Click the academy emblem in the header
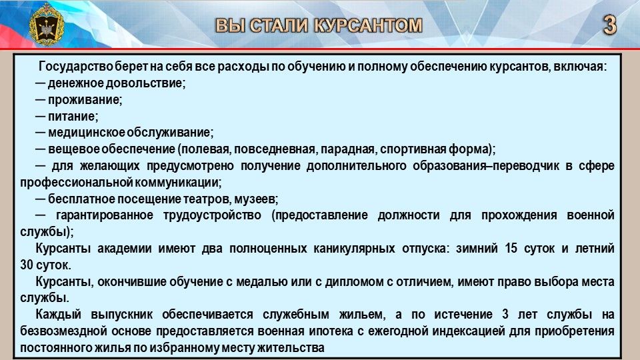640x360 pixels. pyautogui.click(x=46, y=24)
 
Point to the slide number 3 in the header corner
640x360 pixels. pyautogui.click(x=609, y=25)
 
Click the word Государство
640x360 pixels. pyautogui.click(x=76, y=67)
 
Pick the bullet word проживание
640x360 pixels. pyautogui.click(x=85, y=100)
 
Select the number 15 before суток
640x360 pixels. pyautogui.click(x=511, y=248)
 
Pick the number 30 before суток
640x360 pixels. pyautogui.click(x=27, y=265)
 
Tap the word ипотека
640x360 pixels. pyautogui.click(x=330, y=331)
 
